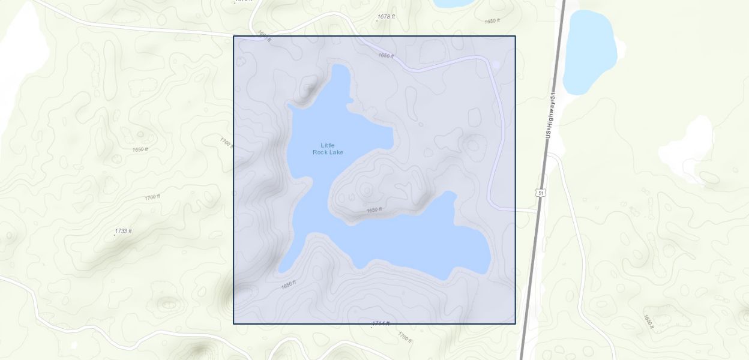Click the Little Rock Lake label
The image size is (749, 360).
click(328, 149)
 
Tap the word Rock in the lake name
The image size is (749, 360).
click(321, 152)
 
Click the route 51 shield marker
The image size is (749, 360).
click(541, 193)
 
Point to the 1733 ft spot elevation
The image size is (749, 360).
click(123, 231)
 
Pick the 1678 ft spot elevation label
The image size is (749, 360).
click(386, 17)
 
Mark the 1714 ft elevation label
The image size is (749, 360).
click(381, 323)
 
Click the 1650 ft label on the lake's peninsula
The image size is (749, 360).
click(374, 210)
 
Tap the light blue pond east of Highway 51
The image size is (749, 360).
click(589, 52)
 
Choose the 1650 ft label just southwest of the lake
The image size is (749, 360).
click(289, 284)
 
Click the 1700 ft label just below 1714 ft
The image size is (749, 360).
click(405, 337)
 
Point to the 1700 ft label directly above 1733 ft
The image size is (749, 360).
click(152, 197)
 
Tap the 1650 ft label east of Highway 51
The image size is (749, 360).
click(648, 321)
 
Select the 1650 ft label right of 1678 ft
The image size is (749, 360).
click(492, 21)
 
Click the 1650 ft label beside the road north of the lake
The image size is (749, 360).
click(386, 56)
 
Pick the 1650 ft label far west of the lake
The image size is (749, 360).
click(140, 149)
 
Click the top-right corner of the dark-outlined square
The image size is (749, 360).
click(515, 37)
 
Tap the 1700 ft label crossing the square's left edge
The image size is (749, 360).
click(227, 143)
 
